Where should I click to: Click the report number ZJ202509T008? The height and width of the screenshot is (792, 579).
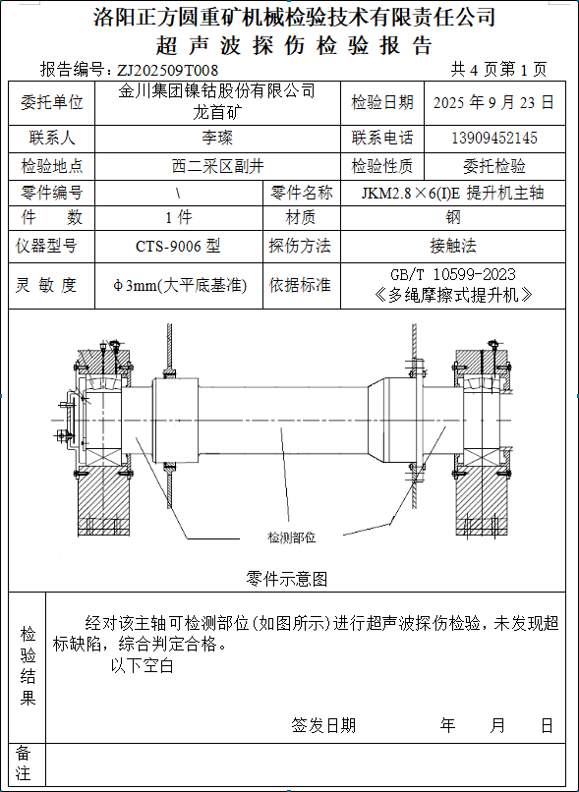[167, 69]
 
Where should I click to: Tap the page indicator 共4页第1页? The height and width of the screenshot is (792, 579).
[498, 69]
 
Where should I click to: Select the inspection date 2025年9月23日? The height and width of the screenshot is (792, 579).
[494, 102]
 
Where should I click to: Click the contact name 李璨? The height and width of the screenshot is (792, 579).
[217, 138]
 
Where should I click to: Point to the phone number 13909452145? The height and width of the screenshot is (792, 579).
[494, 138]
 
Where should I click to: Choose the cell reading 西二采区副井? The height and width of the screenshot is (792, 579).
[217, 166]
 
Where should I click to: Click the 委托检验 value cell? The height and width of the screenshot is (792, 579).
[494, 166]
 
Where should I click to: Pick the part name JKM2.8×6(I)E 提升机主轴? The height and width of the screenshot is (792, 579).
[453, 193]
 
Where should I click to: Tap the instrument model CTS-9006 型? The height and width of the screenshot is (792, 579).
[178, 247]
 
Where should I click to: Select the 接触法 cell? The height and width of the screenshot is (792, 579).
[453, 247]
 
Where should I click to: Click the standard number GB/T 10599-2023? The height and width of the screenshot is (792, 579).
[453, 274]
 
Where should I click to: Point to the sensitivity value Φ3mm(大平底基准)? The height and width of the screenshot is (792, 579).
[179, 286]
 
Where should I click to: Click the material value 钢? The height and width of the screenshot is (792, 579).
[453, 218]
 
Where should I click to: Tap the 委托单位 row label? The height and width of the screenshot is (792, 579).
[51, 102]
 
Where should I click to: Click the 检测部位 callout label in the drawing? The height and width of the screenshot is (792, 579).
[292, 537]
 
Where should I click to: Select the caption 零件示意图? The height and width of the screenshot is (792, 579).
[286, 579]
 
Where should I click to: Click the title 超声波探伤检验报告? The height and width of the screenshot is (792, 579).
[294, 46]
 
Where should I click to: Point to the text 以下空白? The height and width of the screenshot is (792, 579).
[142, 665]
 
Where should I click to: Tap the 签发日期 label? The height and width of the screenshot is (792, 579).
[323, 726]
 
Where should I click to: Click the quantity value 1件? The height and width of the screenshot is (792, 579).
[179, 218]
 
